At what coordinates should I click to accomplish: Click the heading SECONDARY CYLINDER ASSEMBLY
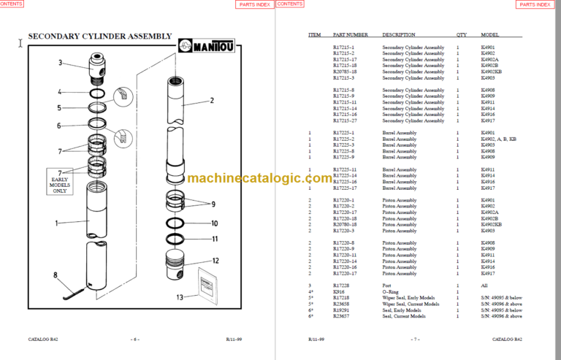(99, 36)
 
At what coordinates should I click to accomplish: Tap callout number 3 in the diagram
(61, 63)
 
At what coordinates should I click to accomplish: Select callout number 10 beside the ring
(214, 223)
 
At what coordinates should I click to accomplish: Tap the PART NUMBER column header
(350, 35)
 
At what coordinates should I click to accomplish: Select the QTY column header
(461, 35)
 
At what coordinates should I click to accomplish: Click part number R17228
(342, 286)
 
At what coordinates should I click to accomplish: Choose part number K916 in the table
(338, 291)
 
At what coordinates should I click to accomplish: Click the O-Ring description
(391, 291)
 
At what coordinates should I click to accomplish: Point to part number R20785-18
(345, 72)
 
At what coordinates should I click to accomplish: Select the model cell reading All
(484, 286)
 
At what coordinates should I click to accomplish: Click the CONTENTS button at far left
(15, 4)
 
